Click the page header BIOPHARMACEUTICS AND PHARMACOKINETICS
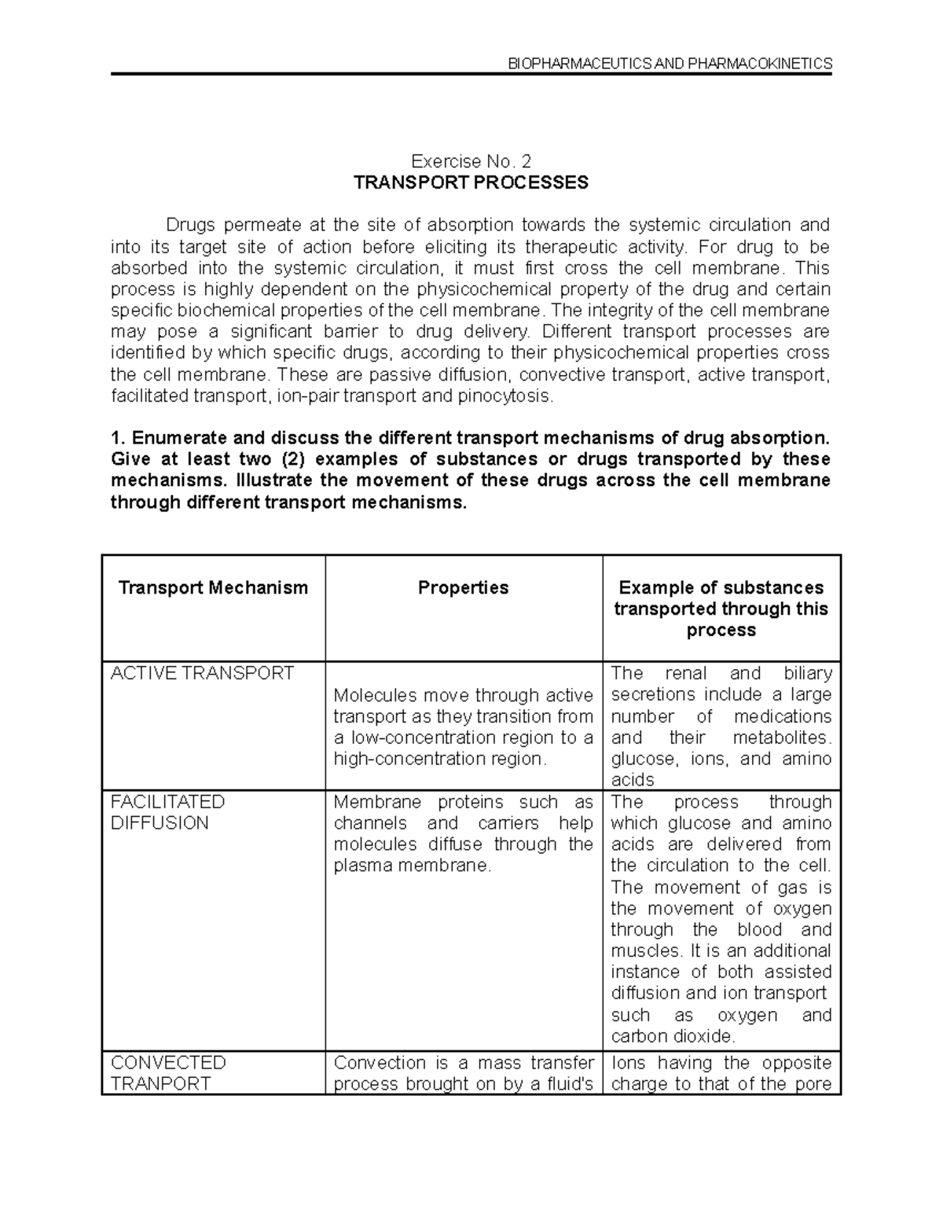(670, 64)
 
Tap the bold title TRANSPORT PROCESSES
(471, 183)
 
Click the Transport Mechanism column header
(213, 587)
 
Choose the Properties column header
(463, 587)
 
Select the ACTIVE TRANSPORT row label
(202, 673)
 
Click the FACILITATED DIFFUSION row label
(167, 812)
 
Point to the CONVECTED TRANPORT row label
(167, 1073)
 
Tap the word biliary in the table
(807, 673)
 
